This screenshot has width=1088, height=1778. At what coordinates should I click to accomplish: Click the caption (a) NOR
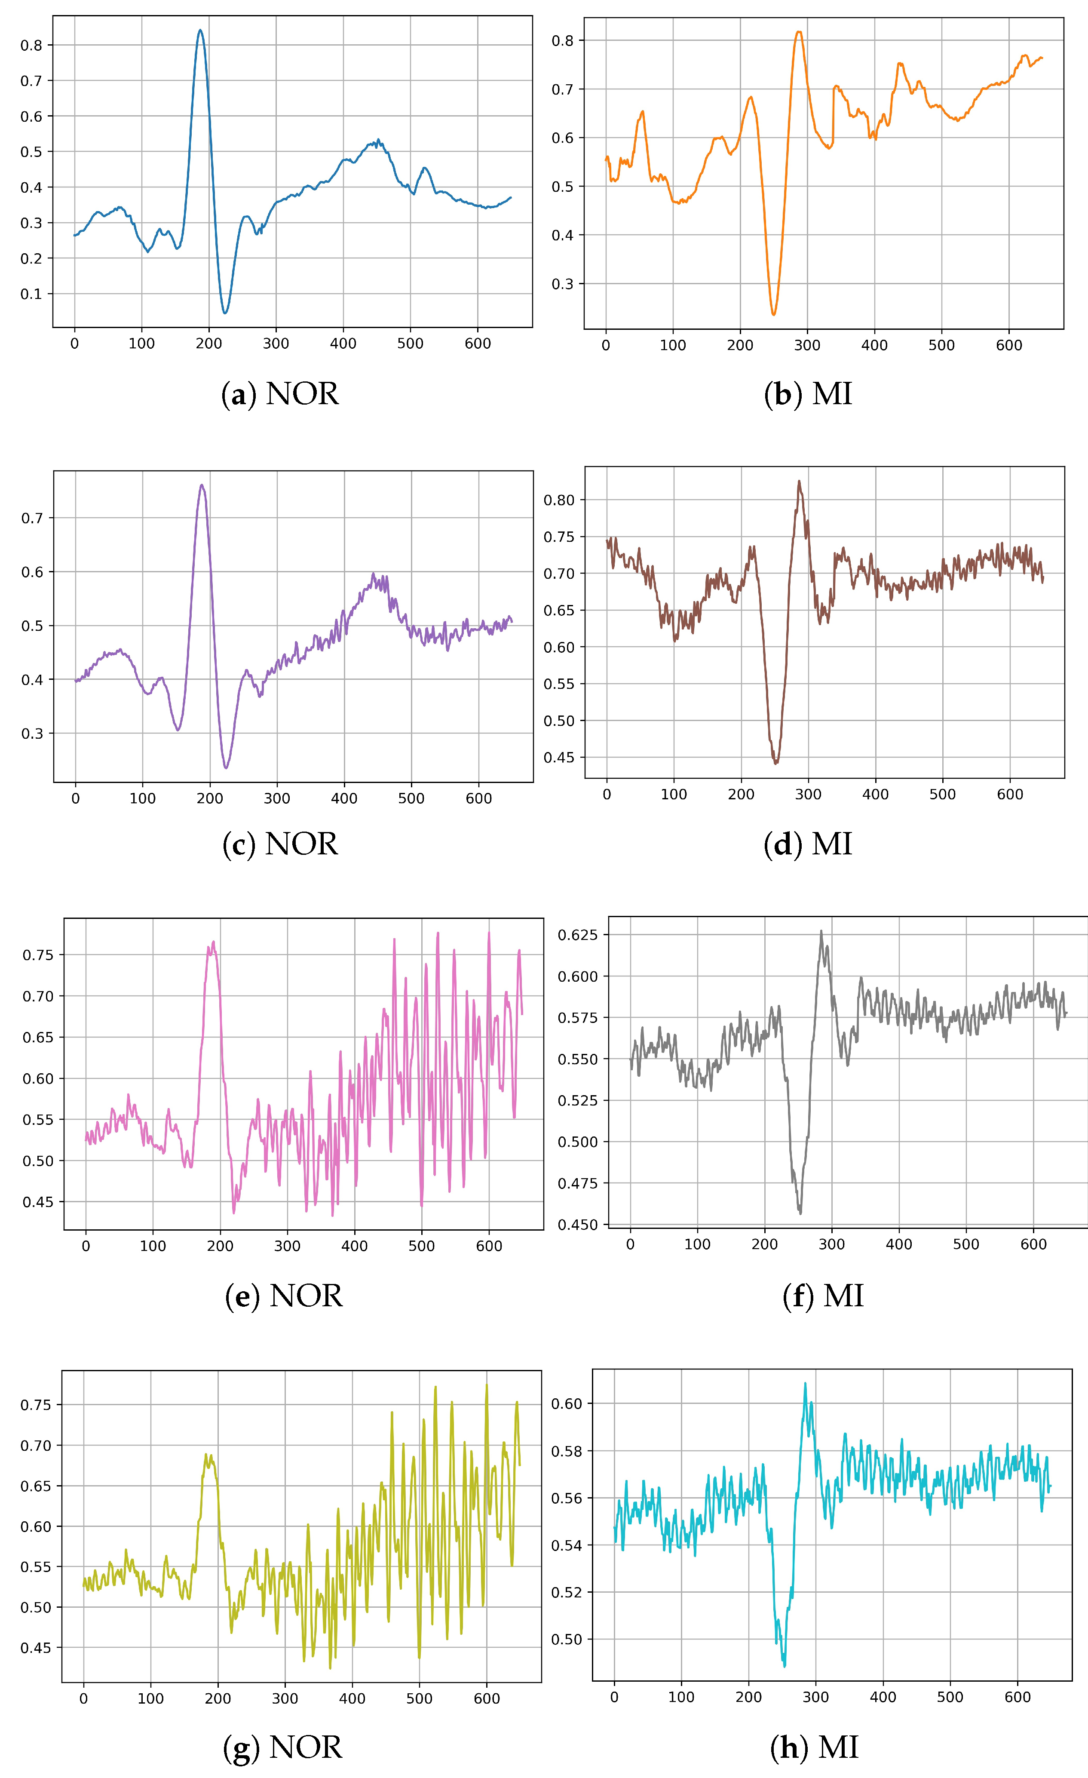280,394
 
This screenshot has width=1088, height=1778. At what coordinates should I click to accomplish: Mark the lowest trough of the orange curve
773,315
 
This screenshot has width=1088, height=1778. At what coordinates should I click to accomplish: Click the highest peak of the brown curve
799,481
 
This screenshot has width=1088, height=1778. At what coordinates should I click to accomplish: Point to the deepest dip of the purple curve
226,768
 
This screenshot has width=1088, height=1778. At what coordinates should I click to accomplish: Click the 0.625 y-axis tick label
578,935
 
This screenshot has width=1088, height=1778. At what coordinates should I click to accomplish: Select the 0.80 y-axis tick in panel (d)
559,500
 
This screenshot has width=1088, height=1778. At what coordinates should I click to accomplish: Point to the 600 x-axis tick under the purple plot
478,799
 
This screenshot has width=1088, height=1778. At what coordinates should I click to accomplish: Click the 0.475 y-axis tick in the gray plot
578,1183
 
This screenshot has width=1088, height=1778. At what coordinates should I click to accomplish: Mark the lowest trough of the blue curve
225,313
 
